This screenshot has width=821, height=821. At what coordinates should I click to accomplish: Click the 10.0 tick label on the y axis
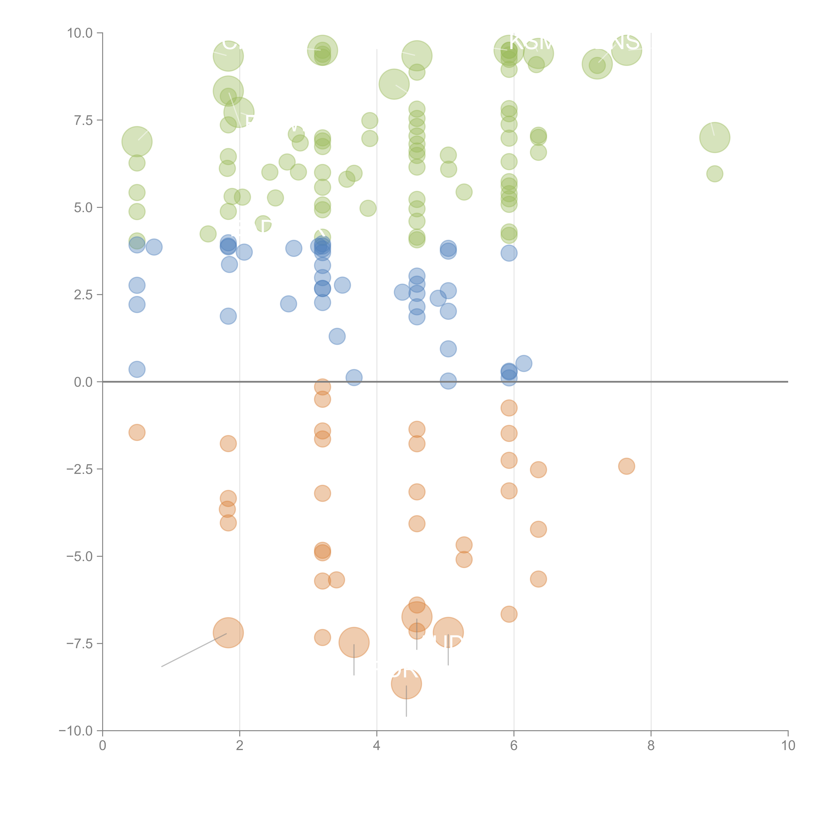point(79,33)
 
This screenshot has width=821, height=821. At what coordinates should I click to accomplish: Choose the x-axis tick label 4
point(377,746)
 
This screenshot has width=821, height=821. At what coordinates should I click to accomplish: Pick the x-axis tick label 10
point(788,746)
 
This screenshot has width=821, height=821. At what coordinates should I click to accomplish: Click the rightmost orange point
point(626,466)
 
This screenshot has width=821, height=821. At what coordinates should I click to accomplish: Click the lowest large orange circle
point(406,684)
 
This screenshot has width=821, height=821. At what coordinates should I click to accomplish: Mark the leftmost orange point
point(137,433)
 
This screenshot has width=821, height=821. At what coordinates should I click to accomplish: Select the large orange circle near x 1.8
point(228,633)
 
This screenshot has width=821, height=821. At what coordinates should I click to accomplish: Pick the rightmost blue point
point(523,363)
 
